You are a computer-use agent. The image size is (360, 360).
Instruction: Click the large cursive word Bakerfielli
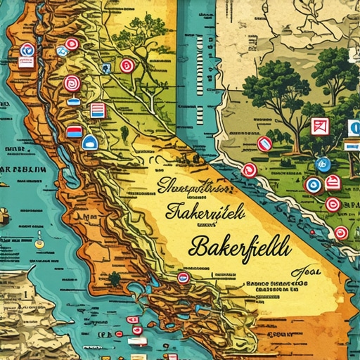point(239,247)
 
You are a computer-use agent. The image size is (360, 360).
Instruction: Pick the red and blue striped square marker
point(98,110)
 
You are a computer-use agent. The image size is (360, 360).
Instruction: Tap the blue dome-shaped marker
point(90,142)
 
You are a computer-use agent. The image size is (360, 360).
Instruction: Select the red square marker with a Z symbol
point(319,127)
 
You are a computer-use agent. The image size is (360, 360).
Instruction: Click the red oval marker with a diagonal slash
point(264,143)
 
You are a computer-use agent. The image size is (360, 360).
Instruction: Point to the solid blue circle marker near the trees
point(323,164)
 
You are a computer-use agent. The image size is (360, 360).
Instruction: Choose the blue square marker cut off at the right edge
point(354,128)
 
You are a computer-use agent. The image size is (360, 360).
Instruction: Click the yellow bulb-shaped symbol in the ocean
point(39,243)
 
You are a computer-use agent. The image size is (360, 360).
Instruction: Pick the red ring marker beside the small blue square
point(127,65)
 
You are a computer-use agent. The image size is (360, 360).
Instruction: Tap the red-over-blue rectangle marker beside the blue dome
point(73,131)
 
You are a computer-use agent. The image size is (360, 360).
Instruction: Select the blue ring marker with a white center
point(313,185)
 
